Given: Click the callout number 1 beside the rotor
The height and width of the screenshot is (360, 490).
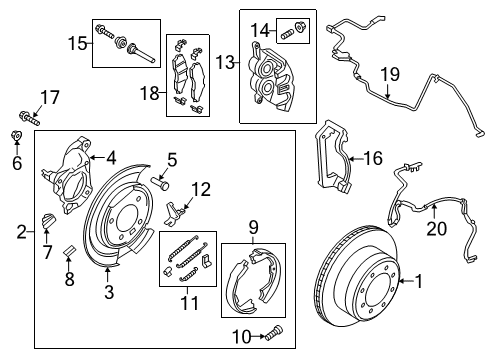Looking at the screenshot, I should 420,283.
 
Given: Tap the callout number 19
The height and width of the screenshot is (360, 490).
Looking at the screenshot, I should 389,73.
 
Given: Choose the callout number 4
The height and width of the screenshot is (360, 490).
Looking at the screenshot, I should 112,156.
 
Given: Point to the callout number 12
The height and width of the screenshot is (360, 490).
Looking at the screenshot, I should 201,187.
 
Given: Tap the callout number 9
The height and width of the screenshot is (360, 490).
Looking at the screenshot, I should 253,227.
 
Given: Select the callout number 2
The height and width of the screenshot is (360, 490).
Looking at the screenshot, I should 20,232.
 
